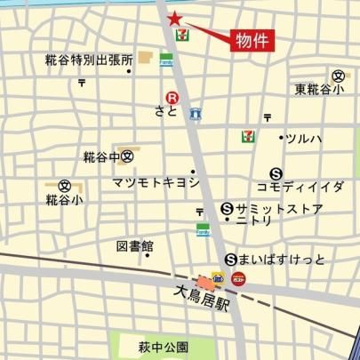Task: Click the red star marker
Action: tap(174, 18)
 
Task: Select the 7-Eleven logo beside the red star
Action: tap(181, 35)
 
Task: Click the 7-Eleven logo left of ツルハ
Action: tap(248, 136)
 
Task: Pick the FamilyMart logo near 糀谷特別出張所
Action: tap(165, 61)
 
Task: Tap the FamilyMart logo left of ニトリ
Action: tap(203, 229)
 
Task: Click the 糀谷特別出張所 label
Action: tap(88, 60)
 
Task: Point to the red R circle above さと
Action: tap(165, 98)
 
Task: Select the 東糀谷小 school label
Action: tap(323, 89)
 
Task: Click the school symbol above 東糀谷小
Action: tap(339, 76)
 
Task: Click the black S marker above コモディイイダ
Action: tap(276, 174)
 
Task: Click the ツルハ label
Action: tap(304, 138)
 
